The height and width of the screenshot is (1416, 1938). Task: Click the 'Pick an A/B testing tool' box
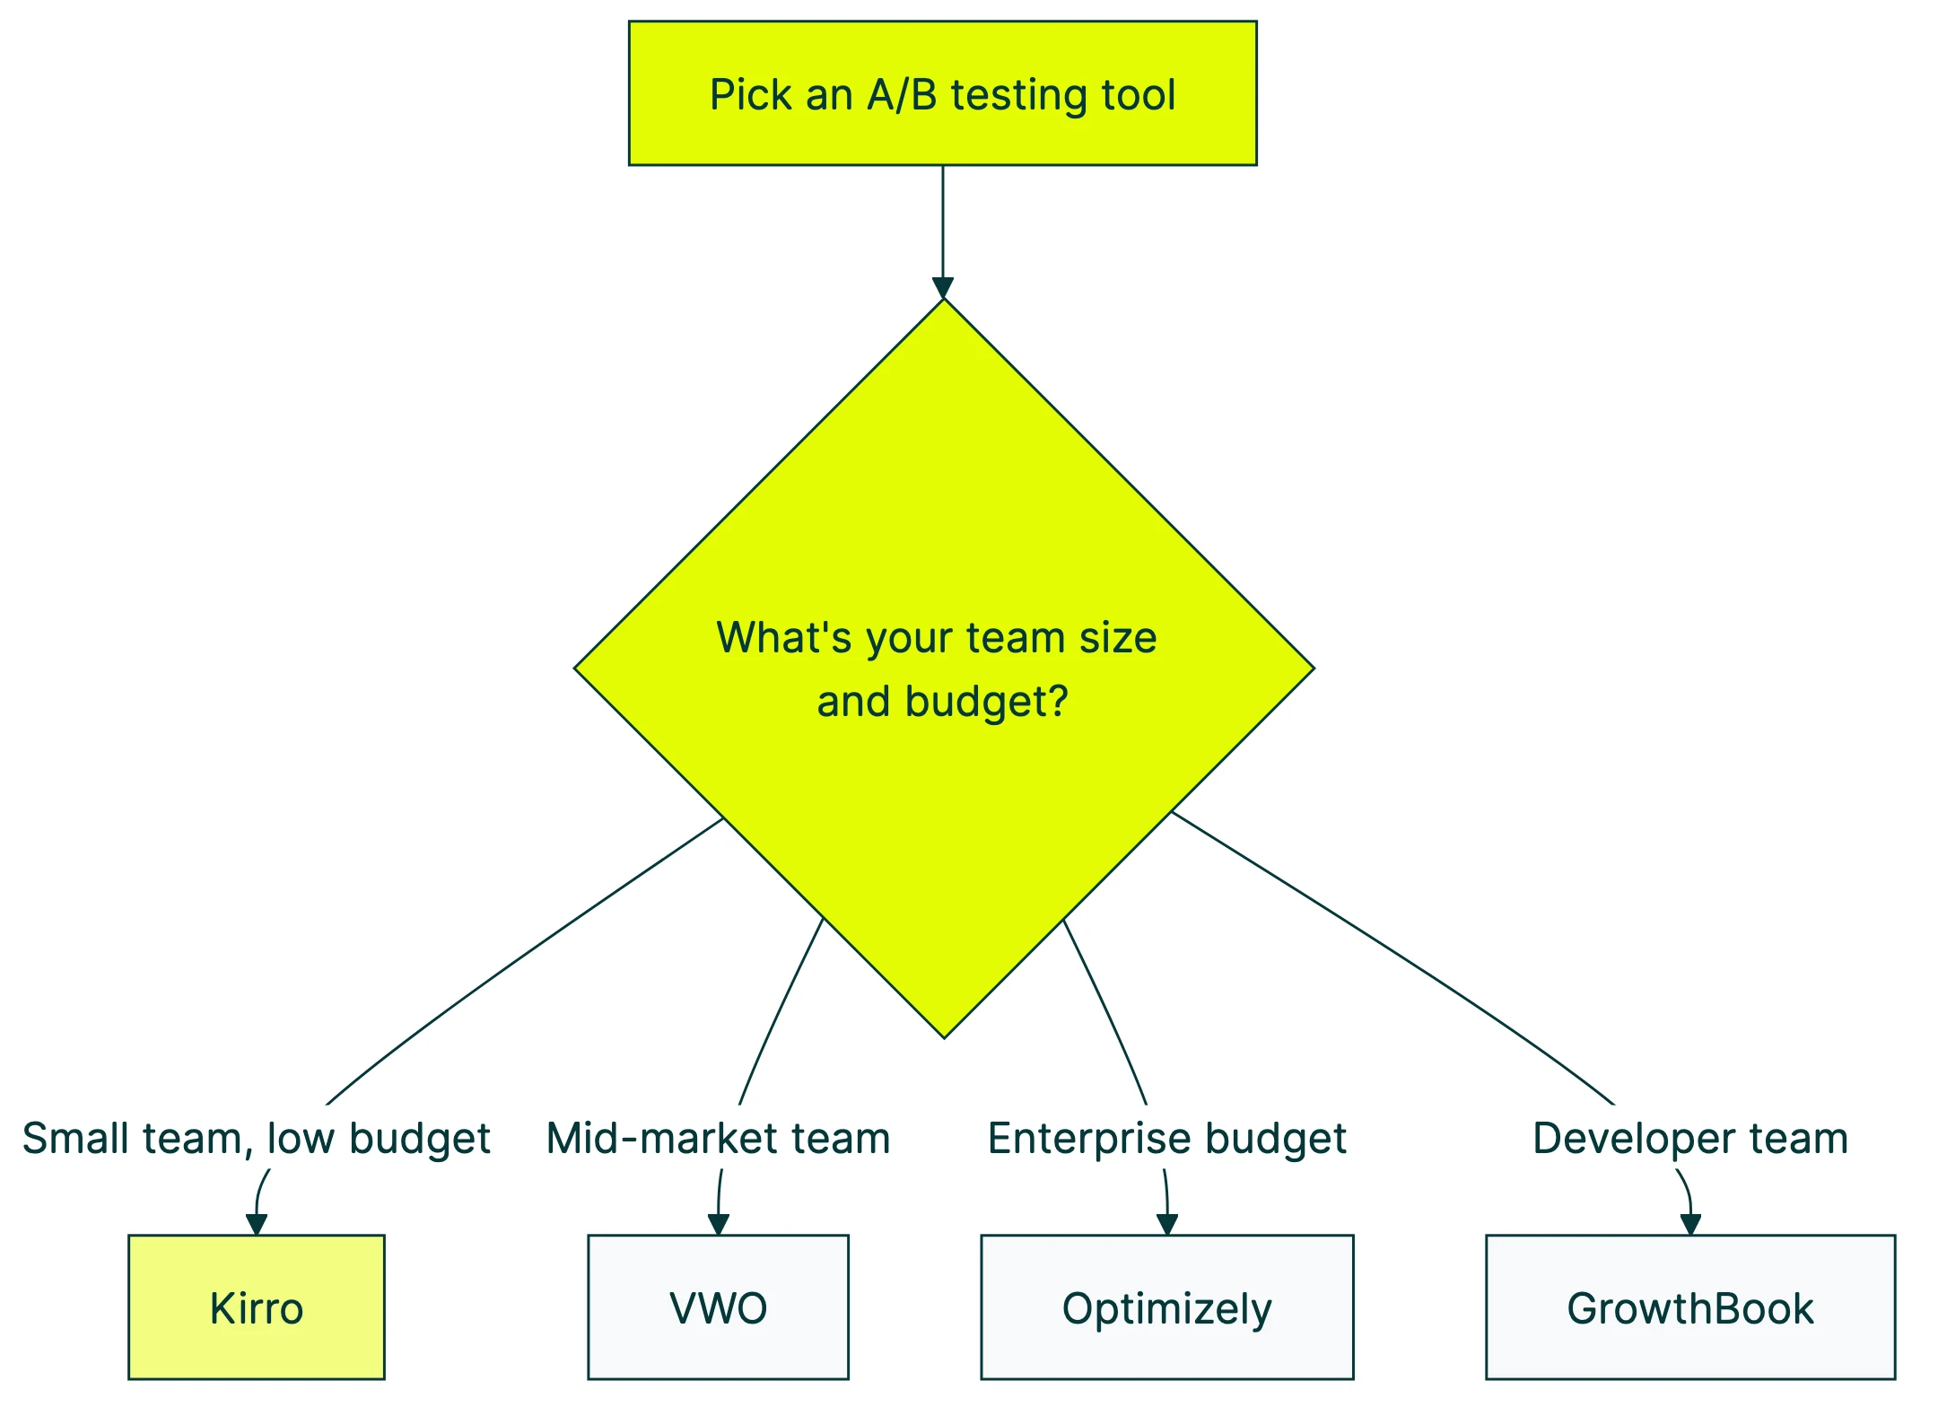[942, 93]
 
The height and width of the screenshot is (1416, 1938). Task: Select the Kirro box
[257, 1307]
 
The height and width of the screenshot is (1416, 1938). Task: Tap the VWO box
[718, 1307]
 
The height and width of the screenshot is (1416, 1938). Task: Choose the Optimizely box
[1166, 1307]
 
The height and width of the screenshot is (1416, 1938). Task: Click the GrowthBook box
[1690, 1307]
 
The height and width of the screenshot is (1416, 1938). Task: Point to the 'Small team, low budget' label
[257, 1138]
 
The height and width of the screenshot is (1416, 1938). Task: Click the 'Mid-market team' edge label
[718, 1138]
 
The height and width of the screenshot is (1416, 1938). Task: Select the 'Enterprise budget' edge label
[1166, 1138]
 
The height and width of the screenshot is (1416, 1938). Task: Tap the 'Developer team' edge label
[1690, 1138]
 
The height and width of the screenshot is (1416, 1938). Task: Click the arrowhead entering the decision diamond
[943, 288]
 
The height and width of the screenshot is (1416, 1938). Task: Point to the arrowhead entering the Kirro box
[257, 1224]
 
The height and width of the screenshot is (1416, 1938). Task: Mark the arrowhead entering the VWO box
[718, 1224]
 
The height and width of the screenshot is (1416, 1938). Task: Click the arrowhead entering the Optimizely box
[1166, 1224]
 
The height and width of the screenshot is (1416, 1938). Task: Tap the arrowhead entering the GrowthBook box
[1690, 1224]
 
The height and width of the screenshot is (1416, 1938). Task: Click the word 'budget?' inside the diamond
[987, 702]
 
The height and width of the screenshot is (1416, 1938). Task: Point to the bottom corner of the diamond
[944, 1036]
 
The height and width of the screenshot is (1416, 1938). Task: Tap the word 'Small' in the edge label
[77, 1138]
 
